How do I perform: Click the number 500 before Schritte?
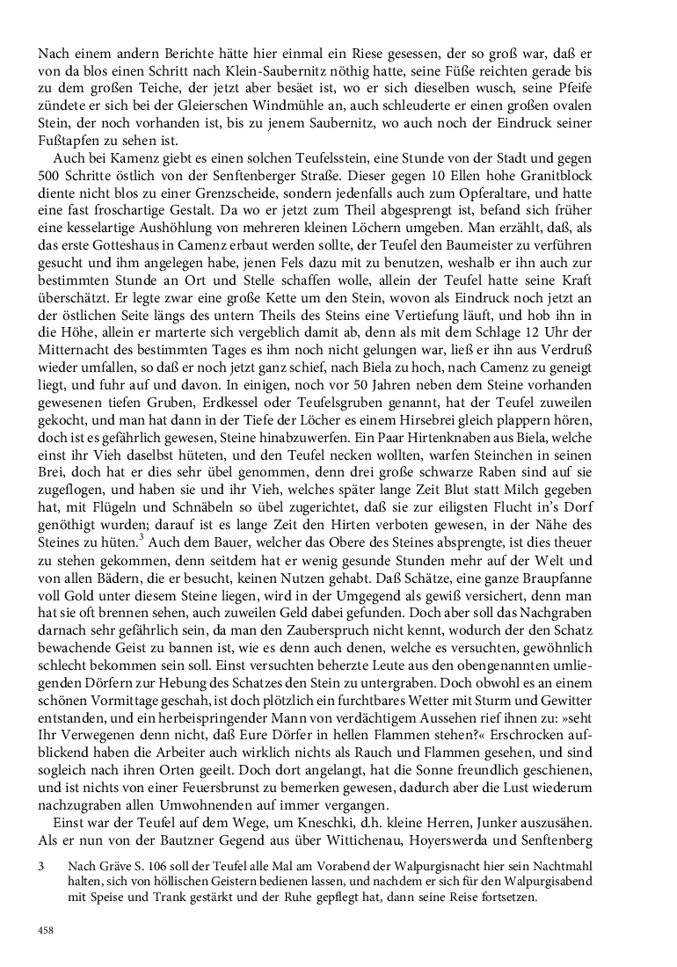[50, 180]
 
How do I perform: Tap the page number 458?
[47, 930]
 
